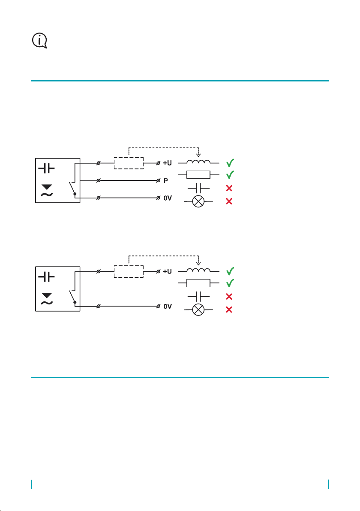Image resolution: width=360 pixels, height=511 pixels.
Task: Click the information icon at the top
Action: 40,41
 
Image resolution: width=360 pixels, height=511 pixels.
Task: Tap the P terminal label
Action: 166,180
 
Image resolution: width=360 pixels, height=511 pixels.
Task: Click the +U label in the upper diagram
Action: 168,162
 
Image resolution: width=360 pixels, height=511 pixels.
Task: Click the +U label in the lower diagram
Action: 168,271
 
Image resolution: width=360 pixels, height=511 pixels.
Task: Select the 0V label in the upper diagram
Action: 168,198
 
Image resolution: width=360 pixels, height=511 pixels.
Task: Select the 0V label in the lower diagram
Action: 168,307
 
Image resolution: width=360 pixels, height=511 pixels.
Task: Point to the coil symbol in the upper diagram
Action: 198,162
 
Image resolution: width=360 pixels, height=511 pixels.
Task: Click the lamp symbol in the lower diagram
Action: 198,310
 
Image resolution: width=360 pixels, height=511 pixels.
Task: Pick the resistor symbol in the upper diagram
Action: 198,174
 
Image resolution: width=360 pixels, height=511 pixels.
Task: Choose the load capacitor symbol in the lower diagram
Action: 198,297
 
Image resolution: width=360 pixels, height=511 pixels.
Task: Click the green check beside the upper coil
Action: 230,162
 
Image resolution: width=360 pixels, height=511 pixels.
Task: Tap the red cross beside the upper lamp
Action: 229,201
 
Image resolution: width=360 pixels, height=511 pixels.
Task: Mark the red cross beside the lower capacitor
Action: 229,297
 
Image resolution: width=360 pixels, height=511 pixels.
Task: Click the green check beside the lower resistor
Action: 230,283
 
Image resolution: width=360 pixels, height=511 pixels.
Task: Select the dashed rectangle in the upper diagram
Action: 129,157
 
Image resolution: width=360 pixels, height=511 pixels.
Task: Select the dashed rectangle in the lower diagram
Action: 129,266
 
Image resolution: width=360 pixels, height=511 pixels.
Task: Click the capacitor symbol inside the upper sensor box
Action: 47,168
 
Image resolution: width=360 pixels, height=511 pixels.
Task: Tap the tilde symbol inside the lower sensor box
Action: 47,303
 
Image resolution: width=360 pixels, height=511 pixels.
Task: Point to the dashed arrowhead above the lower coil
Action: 198,263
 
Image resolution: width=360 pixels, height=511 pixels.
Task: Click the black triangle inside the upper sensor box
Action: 47,187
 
